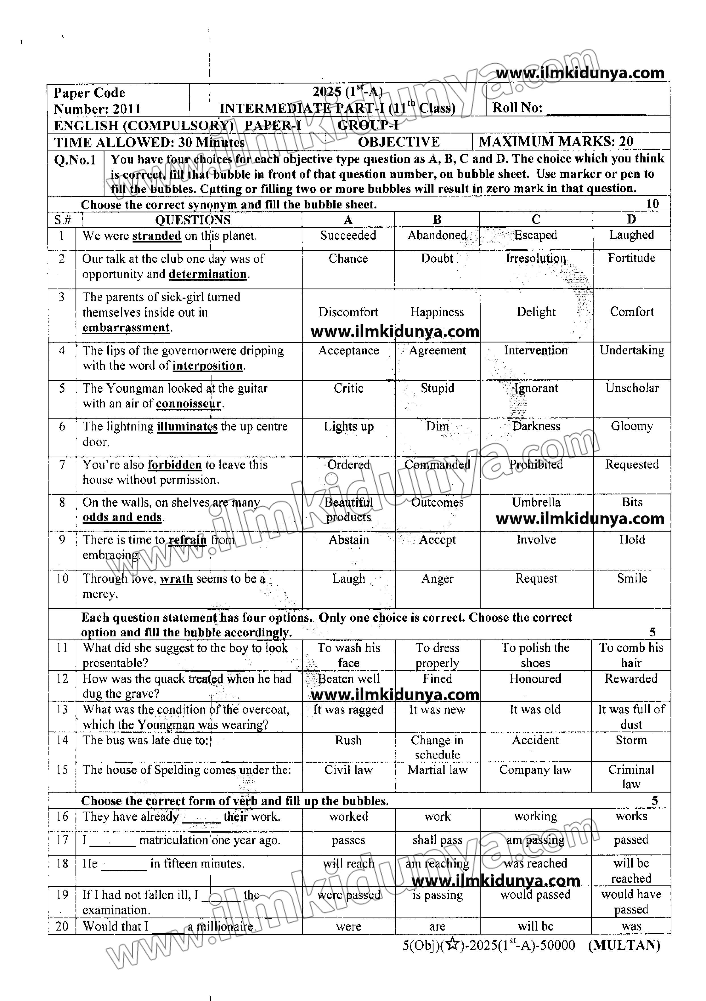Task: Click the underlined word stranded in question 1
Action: (156, 236)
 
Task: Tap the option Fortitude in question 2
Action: (631, 258)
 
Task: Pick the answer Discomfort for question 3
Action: (348, 312)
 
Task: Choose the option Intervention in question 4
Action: (536, 350)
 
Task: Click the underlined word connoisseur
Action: (188, 404)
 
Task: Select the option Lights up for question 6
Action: (348, 427)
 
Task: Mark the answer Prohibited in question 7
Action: (536, 465)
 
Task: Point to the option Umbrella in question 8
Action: (536, 502)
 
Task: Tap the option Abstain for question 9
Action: (348, 540)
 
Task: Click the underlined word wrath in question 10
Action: (176, 579)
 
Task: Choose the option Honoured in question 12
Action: (535, 679)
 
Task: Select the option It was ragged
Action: (348, 710)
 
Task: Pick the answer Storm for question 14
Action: (631, 740)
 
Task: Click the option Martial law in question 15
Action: (437, 770)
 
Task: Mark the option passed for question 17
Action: (631, 840)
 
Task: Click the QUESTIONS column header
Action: (193, 220)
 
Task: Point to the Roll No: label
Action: (517, 108)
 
